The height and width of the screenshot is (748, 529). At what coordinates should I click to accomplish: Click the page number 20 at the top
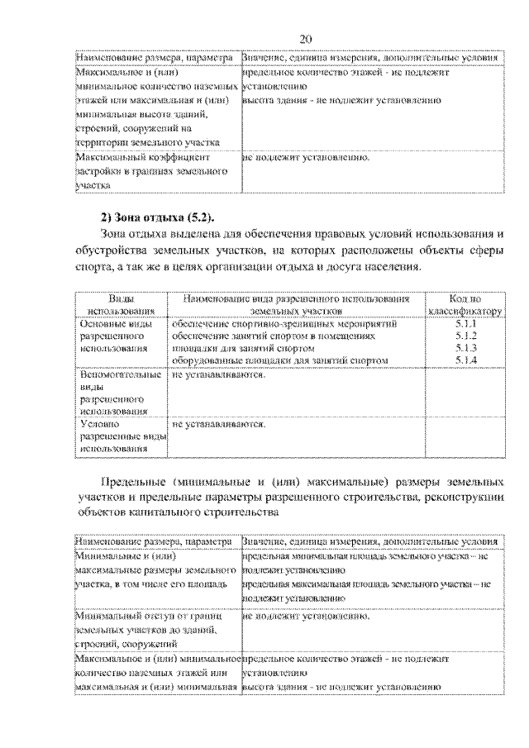tap(305, 39)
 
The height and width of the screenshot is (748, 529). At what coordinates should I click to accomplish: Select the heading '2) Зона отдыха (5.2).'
tap(157, 217)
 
